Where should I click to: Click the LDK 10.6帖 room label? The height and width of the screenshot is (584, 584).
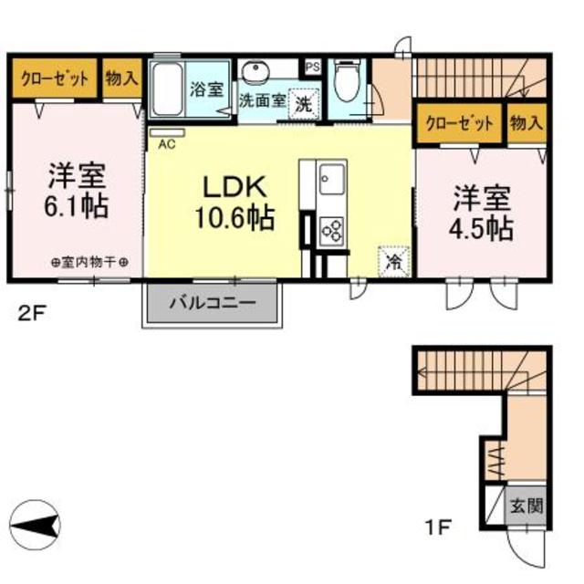[x=234, y=204]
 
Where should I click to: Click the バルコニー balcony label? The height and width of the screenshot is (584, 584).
[x=212, y=300]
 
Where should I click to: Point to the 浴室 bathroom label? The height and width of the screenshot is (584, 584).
[x=207, y=89]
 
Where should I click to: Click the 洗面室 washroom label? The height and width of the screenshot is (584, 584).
[x=262, y=99]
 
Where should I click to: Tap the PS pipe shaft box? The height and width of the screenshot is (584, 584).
[x=312, y=67]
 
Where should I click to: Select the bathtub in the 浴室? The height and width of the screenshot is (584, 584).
[x=167, y=89]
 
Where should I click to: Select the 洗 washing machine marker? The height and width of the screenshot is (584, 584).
[x=304, y=102]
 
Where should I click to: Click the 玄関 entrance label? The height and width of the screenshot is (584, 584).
[x=526, y=505]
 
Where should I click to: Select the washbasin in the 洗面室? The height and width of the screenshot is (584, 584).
[x=256, y=70]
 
